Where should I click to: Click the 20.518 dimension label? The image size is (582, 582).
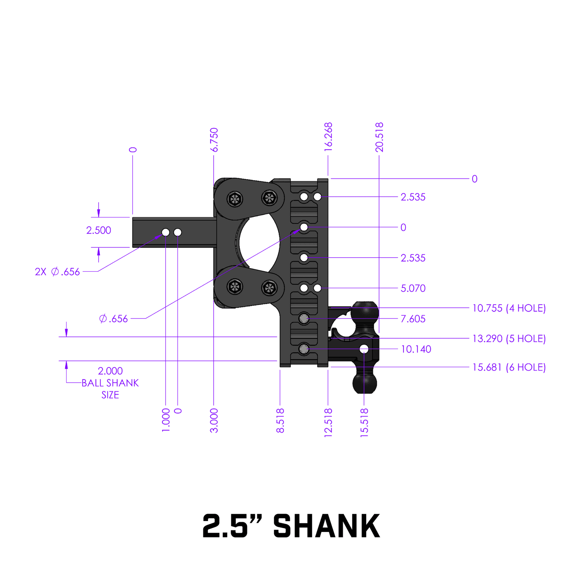point(379,137)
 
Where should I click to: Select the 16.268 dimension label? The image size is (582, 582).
point(328,137)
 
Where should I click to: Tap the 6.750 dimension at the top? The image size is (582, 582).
point(214,140)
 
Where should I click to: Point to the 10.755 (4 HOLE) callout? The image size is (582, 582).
point(509,308)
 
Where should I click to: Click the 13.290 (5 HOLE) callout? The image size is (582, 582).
point(509,338)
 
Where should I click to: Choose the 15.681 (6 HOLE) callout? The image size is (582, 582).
point(509,367)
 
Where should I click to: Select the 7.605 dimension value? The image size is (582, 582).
point(413,319)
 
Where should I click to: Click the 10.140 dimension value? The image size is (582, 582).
point(416,349)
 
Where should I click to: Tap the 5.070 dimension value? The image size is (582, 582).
point(413,288)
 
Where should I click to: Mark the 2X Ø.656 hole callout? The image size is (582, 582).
point(57,272)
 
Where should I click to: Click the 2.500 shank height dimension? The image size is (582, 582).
point(99,230)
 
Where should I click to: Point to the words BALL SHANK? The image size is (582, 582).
point(110,383)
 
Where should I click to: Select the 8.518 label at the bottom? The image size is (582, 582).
point(280,421)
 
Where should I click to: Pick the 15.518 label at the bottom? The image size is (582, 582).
point(364,423)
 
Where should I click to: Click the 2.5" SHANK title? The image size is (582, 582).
point(291,526)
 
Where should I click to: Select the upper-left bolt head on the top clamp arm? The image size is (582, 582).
point(234,199)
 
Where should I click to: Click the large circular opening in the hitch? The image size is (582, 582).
point(259,243)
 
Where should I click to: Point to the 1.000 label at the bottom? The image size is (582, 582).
point(166,420)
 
